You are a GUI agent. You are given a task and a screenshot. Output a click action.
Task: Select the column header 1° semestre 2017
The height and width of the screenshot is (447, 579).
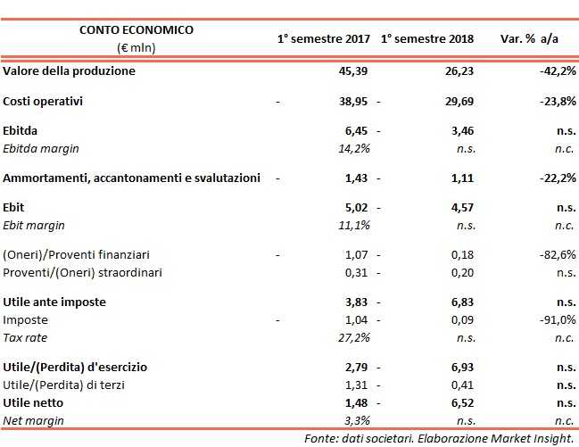(323, 39)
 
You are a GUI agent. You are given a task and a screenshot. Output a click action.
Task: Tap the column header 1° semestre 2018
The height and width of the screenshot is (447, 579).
(426, 39)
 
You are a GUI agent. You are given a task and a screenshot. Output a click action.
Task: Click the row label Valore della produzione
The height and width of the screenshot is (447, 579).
(70, 70)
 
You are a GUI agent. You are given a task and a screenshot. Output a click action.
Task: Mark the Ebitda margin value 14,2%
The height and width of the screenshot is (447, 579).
(354, 147)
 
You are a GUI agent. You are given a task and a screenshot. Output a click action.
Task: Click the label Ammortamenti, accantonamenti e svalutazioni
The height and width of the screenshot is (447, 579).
(132, 178)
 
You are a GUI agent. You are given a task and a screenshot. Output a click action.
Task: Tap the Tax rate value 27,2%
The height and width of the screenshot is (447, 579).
(354, 336)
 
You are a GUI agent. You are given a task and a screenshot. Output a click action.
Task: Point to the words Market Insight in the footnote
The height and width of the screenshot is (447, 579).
(534, 437)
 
